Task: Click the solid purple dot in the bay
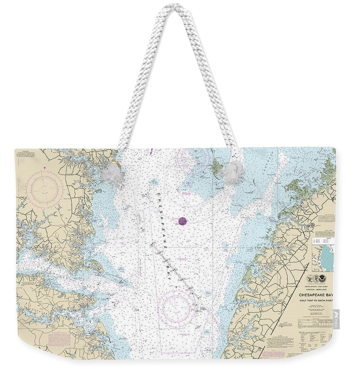tap(182, 220)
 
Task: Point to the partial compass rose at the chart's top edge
tap(193, 158)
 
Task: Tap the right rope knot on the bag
tap(233, 172)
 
